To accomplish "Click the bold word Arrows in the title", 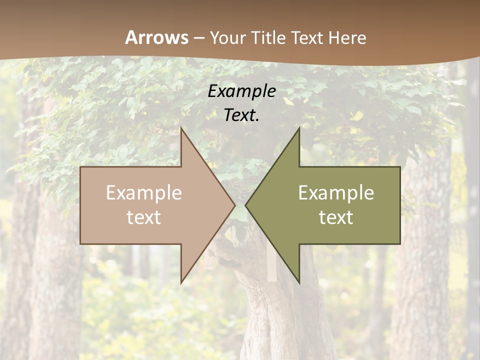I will pos(157,37).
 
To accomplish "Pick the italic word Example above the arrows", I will pos(242,91).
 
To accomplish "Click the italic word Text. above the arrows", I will pos(242,115).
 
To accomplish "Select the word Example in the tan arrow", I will pos(144,193).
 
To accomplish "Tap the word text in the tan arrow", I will pos(144,217).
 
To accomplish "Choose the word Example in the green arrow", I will pos(336,193).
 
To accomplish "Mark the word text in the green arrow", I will pos(336,217).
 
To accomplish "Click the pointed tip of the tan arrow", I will pos(234,205).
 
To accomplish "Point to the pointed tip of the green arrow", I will pos(246,205).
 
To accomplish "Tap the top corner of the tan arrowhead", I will pos(181,128).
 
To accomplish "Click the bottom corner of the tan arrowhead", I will pos(181,282).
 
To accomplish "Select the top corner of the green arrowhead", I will pos(299,128).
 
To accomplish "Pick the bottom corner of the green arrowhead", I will pos(299,282).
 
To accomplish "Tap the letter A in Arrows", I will pos(131,37).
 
